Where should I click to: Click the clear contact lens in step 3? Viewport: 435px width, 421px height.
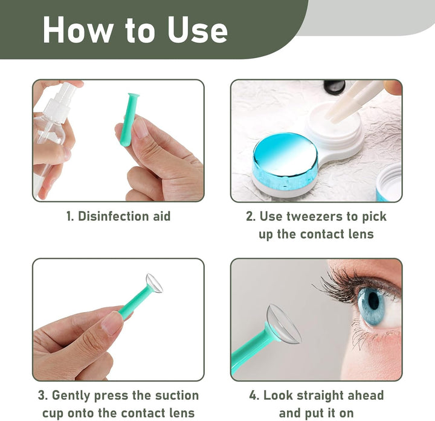[x=155, y=283]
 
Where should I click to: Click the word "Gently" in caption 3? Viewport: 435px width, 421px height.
[x=76, y=396]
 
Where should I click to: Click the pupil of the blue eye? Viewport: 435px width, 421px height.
[x=373, y=300]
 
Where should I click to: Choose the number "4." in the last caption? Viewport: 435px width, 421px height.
[x=254, y=396]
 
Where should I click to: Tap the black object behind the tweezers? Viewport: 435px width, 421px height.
[x=334, y=87]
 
